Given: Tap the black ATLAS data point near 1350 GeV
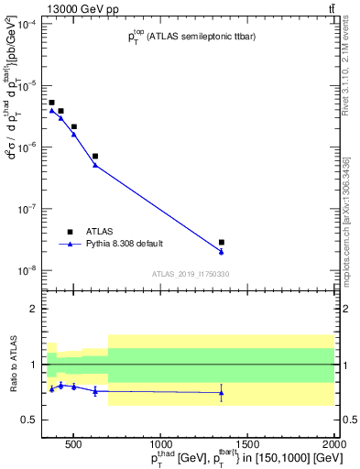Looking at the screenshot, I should [222, 242].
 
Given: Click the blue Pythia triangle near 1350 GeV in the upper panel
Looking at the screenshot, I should [222, 251].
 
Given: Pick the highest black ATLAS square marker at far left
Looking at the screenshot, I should [51, 103].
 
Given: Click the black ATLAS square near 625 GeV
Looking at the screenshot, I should [95, 156].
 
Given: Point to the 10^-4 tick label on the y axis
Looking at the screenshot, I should [27, 23].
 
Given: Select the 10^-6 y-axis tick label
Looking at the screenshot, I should [27, 147].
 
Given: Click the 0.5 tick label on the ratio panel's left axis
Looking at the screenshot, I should [29, 420].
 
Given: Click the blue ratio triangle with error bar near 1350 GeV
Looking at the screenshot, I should [222, 393].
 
